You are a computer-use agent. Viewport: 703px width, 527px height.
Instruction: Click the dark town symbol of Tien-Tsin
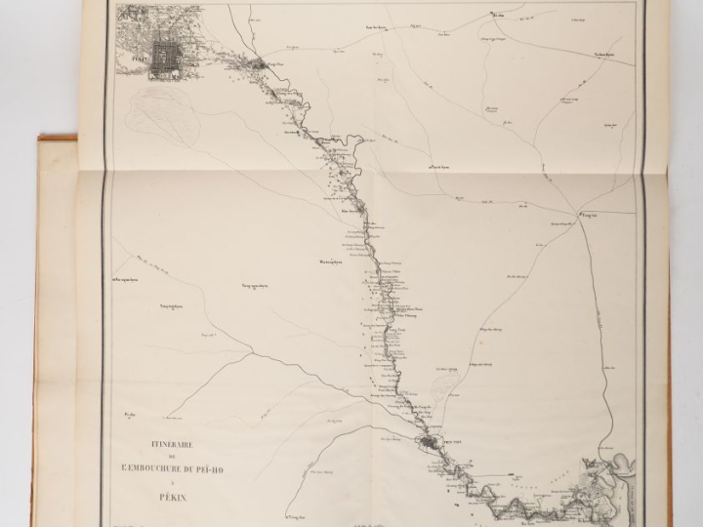[x=430, y=447]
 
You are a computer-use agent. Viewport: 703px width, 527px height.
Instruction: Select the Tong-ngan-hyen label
[x=256, y=285]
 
